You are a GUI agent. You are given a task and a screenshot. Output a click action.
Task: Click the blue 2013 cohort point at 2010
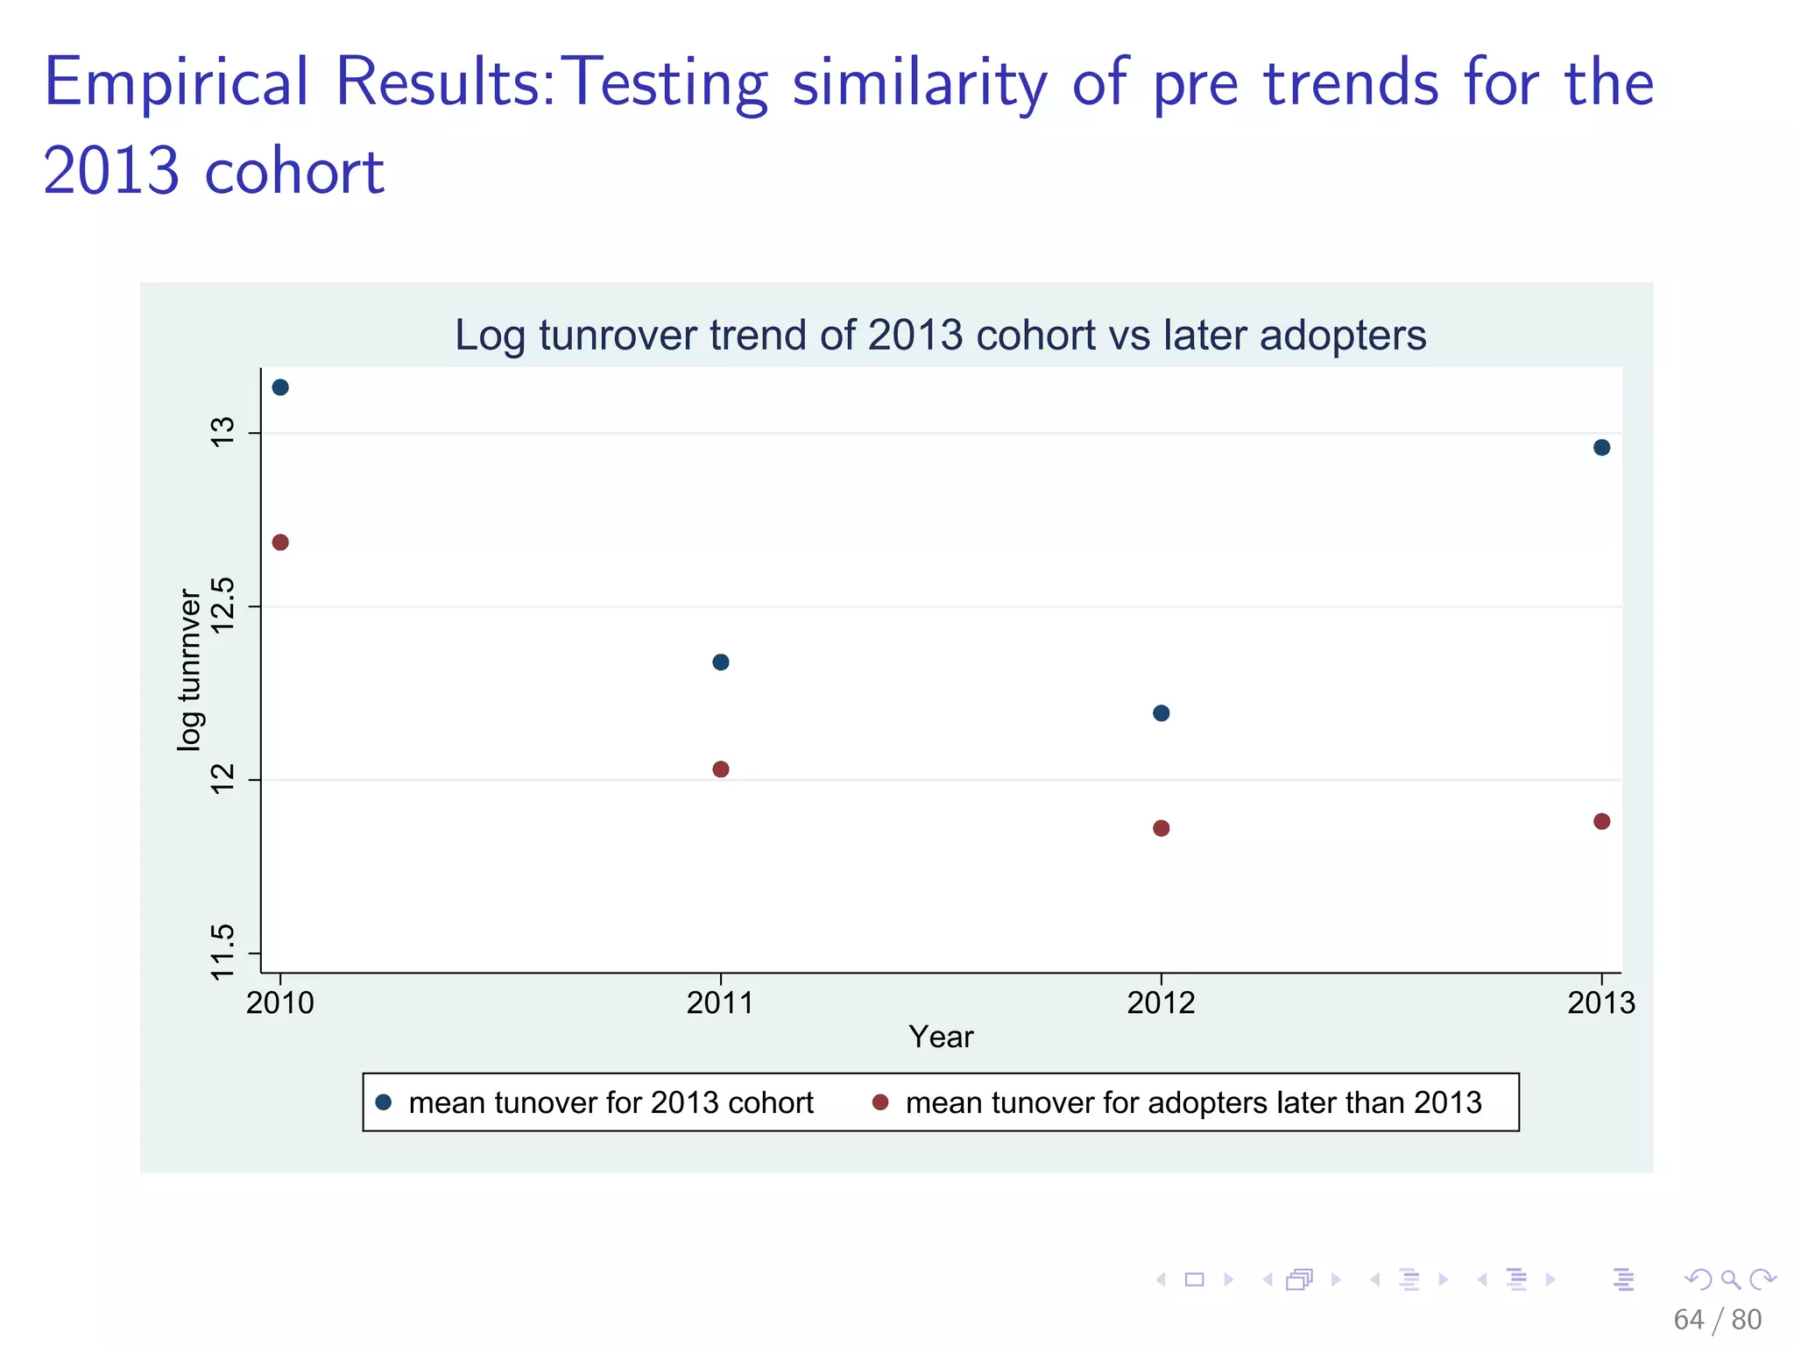[280, 387]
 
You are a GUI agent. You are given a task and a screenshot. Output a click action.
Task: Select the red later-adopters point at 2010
[280, 542]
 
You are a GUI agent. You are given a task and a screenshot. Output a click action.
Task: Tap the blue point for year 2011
[721, 662]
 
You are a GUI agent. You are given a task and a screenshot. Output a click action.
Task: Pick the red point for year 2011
[721, 769]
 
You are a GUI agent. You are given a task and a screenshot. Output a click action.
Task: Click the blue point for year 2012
[1162, 713]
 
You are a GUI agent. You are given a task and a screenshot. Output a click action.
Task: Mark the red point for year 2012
[1162, 828]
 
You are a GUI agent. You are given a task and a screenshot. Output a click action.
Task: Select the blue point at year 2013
[1602, 448]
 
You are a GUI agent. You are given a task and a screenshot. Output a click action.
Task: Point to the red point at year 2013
[1602, 821]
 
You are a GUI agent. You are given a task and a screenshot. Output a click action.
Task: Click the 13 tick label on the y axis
[224, 432]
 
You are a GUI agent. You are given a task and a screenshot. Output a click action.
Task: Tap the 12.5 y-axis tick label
[224, 606]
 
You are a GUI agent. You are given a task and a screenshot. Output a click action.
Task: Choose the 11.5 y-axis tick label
[224, 953]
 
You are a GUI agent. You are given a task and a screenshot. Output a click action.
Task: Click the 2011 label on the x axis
[720, 1002]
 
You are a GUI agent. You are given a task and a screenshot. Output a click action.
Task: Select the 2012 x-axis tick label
[1161, 1002]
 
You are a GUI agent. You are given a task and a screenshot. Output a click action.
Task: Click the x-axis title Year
[941, 1037]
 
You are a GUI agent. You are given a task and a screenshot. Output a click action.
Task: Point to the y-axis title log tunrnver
[189, 669]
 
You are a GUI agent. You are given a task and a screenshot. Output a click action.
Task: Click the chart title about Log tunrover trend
[940, 336]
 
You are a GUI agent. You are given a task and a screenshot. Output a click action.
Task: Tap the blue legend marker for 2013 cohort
[384, 1102]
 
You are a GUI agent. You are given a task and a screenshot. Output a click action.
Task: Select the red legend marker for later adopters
[880, 1102]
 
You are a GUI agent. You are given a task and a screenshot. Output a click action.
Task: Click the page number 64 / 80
[1717, 1319]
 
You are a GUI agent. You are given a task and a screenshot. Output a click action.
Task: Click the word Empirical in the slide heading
[176, 82]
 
